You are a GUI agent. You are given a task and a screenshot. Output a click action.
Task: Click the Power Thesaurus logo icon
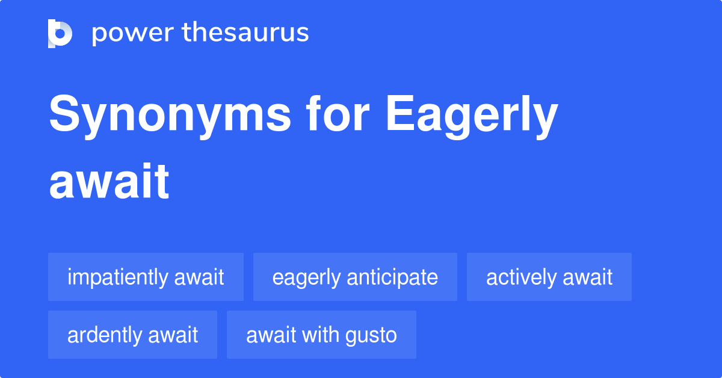tap(60, 33)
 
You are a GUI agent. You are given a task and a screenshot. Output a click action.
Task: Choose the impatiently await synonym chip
tap(146, 277)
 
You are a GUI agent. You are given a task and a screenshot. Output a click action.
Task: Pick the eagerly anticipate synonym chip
tap(355, 277)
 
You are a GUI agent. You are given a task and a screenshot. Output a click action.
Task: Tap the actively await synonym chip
tap(549, 277)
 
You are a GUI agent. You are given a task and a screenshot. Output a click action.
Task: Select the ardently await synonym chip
tap(132, 335)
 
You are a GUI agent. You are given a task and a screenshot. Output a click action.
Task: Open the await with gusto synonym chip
tap(321, 335)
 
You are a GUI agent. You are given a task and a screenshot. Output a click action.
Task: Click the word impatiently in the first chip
tap(118, 277)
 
